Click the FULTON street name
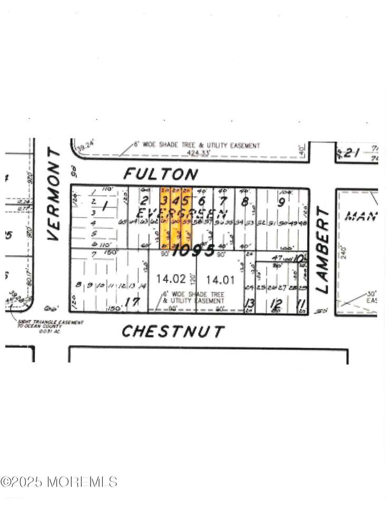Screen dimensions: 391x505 pos(161,174)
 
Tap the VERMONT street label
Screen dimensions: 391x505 pos(54,194)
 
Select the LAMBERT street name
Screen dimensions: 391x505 pos(322,249)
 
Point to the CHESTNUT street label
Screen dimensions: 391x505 pos(173,331)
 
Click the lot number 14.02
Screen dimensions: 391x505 pos(167,278)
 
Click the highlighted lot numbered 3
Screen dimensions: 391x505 pos(164,200)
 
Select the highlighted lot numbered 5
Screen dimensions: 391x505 pos(185,200)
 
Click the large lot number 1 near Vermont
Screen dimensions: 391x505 pos(104,206)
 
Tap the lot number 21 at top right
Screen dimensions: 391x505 pos(351,153)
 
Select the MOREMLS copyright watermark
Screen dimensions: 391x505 pos(59,481)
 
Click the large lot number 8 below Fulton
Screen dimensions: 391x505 pos(244,200)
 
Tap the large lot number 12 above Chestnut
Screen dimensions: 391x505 pos(276,304)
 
